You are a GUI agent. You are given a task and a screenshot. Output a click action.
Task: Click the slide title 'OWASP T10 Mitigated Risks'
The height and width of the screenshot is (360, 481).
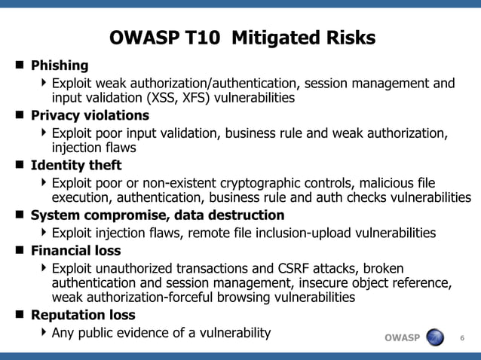tap(242, 38)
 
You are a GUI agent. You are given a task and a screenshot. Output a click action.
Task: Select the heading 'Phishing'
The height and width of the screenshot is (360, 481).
tap(60, 66)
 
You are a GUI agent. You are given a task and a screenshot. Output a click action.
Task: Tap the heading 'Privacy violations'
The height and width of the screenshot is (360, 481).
tap(90, 116)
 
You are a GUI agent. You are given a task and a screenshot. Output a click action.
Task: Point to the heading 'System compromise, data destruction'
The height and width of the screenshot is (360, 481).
tap(157, 215)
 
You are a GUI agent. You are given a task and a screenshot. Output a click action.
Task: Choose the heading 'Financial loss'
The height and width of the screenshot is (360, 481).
tap(75, 250)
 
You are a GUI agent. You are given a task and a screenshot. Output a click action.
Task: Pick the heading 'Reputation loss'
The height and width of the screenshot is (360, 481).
tap(83, 315)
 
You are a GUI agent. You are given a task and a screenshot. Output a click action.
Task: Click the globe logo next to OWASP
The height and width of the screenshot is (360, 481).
tap(436, 337)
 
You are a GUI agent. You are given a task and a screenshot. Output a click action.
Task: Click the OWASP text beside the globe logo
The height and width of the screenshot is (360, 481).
tap(402, 337)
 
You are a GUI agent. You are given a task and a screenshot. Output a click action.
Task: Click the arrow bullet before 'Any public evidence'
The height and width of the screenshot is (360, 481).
tap(44, 331)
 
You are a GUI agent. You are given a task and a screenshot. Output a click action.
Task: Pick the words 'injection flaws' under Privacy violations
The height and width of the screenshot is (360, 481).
tap(94, 148)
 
